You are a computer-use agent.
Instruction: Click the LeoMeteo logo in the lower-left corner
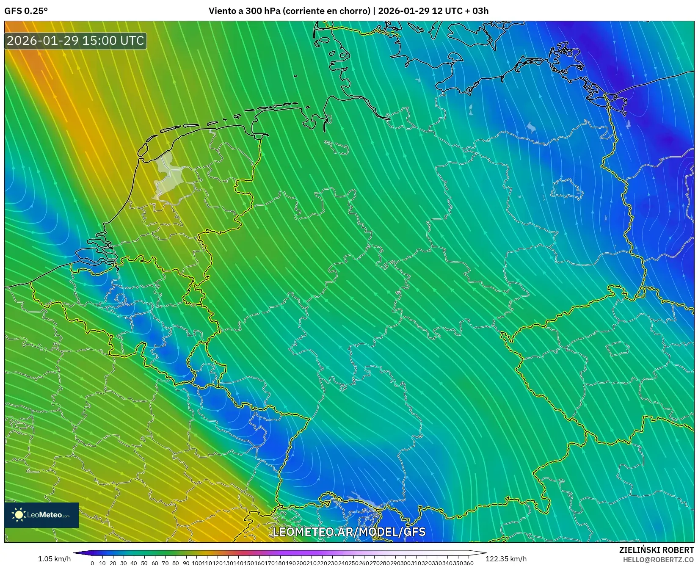click(x=41, y=515)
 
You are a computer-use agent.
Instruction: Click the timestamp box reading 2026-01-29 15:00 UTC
click(x=75, y=41)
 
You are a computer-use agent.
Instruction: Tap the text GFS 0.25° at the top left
click(x=26, y=11)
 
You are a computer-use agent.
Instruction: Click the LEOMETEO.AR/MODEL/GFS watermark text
click(x=349, y=532)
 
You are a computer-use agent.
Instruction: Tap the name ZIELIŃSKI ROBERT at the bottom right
click(x=656, y=550)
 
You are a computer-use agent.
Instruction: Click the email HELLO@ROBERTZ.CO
click(x=658, y=559)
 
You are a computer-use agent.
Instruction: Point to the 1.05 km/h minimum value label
click(x=54, y=559)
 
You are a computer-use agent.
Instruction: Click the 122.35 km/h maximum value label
click(x=506, y=559)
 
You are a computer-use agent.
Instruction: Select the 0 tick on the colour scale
click(x=92, y=563)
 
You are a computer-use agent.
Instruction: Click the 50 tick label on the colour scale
click(x=144, y=563)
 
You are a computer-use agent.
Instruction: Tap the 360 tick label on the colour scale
click(x=469, y=563)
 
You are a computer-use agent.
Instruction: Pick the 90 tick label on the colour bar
click(x=186, y=563)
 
